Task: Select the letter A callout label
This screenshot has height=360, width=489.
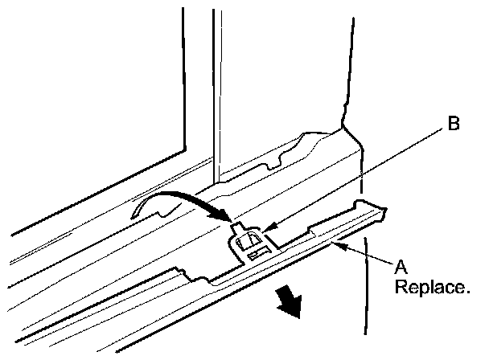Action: click(x=400, y=264)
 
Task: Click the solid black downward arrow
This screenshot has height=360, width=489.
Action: click(x=289, y=304)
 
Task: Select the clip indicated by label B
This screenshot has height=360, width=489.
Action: click(x=252, y=242)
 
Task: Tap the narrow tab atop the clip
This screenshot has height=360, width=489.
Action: click(x=240, y=230)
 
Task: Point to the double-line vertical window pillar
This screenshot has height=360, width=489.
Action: click(x=215, y=88)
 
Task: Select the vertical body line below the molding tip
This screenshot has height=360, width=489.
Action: click(x=367, y=289)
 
